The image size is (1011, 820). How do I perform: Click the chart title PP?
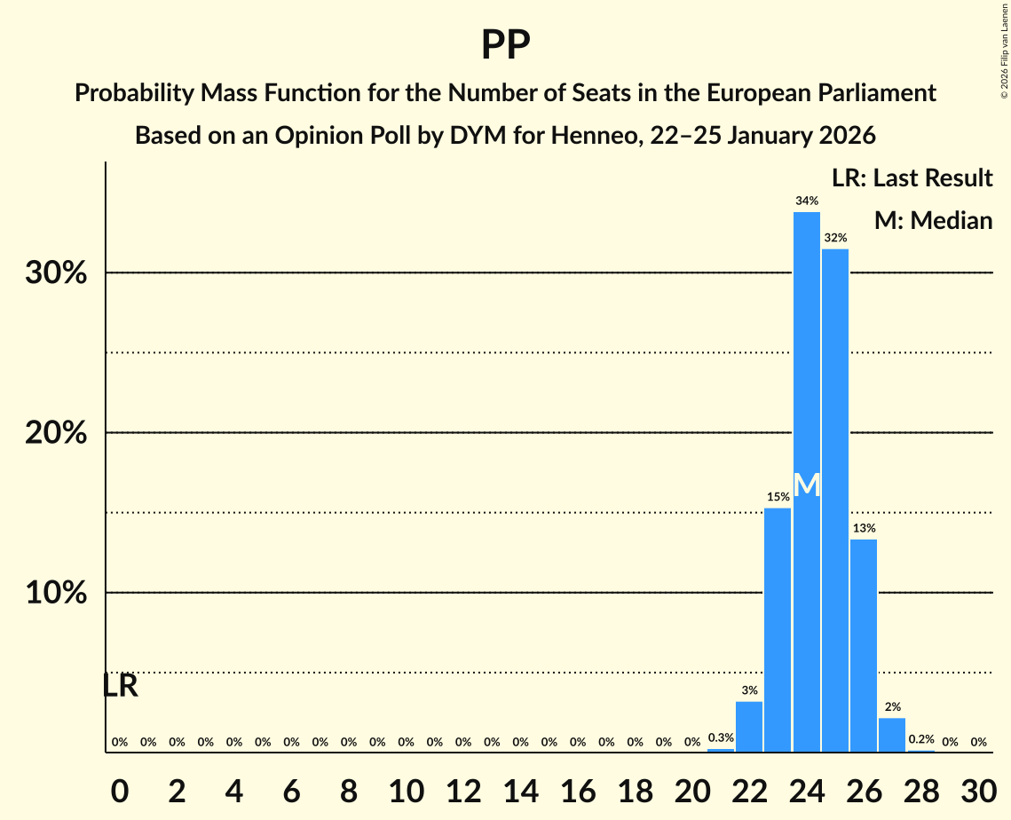coord(505,45)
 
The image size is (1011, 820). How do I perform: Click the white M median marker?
coord(806,485)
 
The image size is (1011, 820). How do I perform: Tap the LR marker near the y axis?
coord(120,686)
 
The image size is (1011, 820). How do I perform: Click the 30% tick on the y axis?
coord(56,273)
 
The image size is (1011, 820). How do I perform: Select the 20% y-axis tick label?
coord(56,433)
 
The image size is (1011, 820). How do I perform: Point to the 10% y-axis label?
coord(56,593)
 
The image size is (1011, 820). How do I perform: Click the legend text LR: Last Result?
coord(912,178)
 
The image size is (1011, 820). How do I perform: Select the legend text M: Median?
coord(933,220)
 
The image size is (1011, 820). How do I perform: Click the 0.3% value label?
coord(721,737)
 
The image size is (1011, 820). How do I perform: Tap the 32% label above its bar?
coord(834,238)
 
